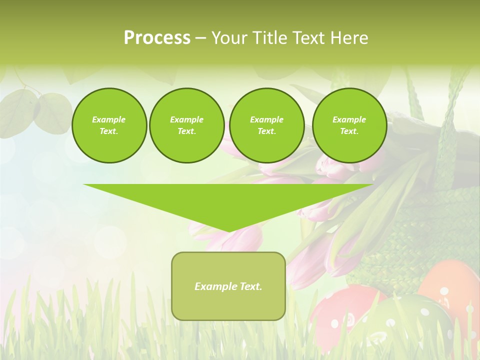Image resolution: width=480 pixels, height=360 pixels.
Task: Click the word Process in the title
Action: [157, 38]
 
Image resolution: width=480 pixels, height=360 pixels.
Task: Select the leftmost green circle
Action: [109, 125]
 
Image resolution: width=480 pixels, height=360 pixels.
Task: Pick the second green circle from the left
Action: [186, 125]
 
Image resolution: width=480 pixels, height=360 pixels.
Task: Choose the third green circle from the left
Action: [266, 125]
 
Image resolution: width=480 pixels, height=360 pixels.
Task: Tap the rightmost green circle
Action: [349, 125]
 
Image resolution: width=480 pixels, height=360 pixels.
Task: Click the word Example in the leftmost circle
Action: [109, 119]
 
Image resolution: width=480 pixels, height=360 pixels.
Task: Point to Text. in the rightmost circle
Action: [349, 131]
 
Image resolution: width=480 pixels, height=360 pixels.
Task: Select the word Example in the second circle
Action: [186, 119]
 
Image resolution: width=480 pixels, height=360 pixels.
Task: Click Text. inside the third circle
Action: [266, 131]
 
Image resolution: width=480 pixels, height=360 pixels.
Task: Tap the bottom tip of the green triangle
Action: [228, 231]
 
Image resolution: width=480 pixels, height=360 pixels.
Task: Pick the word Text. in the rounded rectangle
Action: [250, 286]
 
